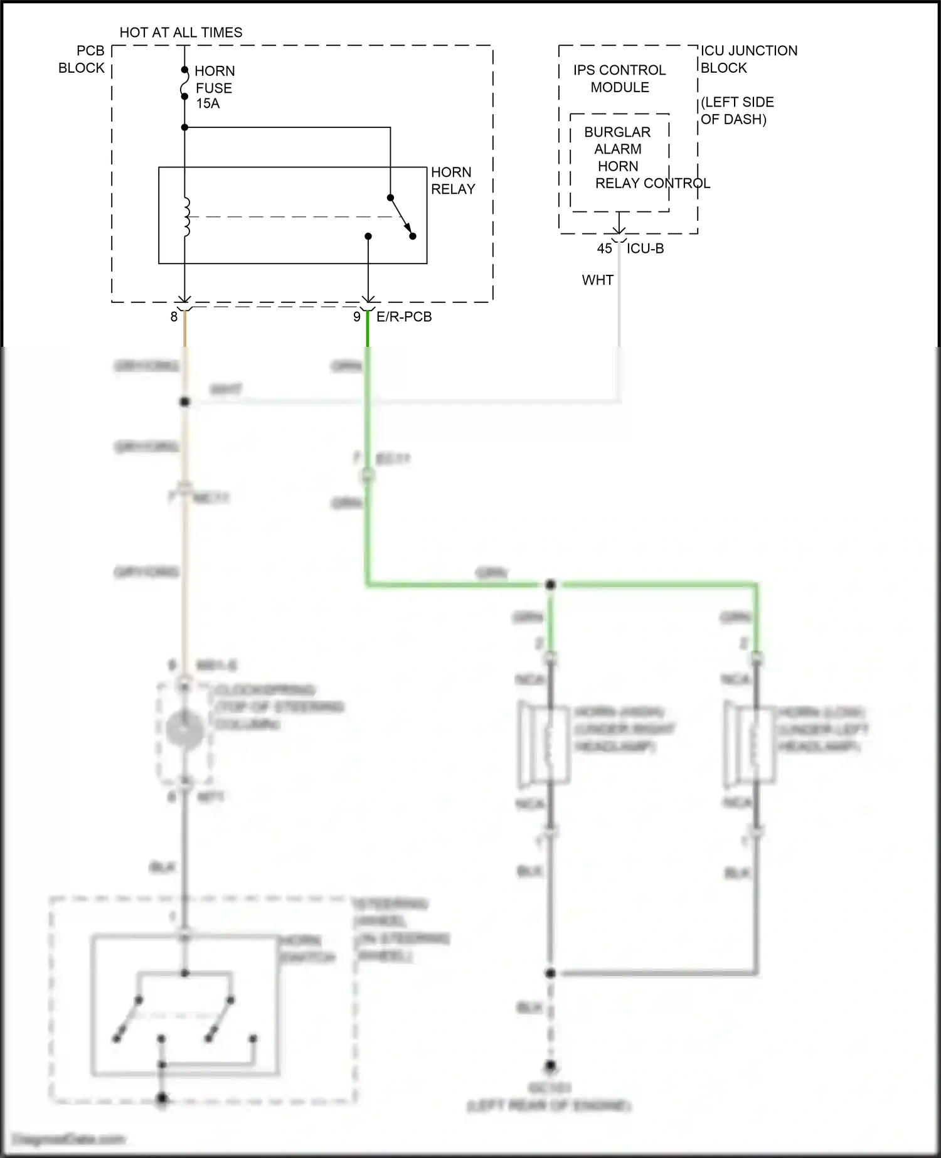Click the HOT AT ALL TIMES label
click(x=181, y=33)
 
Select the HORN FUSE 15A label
click(x=214, y=87)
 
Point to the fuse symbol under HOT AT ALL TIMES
click(x=184, y=83)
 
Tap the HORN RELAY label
click(x=452, y=181)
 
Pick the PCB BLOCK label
click(x=82, y=59)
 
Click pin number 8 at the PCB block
click(x=174, y=317)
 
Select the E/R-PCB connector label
click(x=404, y=317)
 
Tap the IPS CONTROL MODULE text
click(x=619, y=78)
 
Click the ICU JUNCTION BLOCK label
click(x=748, y=59)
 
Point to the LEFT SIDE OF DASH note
click(x=736, y=110)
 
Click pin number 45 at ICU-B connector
click(x=604, y=248)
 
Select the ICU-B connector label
click(x=645, y=248)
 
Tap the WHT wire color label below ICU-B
click(x=597, y=280)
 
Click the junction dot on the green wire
click(x=550, y=585)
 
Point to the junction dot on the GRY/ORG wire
click(x=184, y=401)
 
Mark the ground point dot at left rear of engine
click(x=550, y=1065)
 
